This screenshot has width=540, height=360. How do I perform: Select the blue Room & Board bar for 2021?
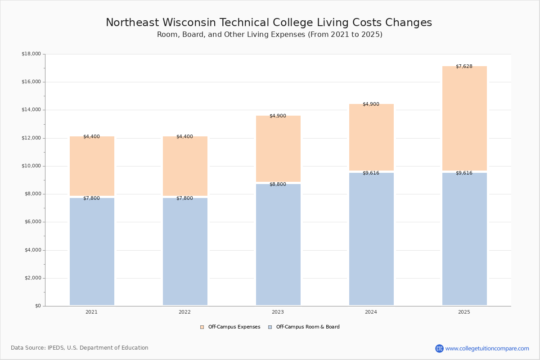pos(92,252)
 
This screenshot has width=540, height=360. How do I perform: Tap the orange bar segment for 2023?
pos(278,149)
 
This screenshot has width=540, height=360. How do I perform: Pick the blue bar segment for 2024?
pos(371,239)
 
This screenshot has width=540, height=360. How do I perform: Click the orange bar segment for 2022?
pos(185,166)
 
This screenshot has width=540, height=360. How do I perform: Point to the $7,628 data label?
pos(464,67)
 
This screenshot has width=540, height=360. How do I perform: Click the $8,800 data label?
pos(278,184)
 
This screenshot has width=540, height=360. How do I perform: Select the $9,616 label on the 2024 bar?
pos(371,173)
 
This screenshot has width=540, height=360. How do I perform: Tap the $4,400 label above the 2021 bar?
pos(91,137)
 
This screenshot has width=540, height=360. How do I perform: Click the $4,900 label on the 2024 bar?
pos(371,104)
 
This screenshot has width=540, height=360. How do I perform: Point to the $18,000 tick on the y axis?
pos(31,54)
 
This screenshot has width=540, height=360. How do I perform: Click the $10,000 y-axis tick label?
pos(31,166)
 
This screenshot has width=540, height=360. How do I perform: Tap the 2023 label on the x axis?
pos(278,312)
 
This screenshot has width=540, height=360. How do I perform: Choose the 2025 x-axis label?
pos(464,312)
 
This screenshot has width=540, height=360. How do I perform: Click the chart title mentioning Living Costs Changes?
pos(269,23)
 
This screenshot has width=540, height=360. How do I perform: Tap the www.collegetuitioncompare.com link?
pos(487,348)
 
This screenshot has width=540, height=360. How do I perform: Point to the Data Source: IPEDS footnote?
pos(80,348)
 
